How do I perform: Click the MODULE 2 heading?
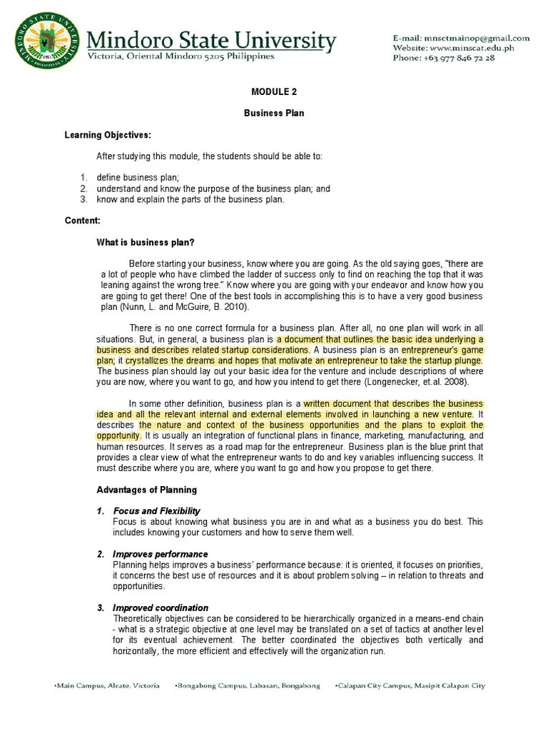tap(275, 91)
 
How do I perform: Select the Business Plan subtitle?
tap(275, 114)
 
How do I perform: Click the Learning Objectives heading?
tap(108, 135)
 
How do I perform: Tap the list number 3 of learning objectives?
tap(83, 199)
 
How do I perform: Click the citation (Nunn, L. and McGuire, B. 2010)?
tap(176, 306)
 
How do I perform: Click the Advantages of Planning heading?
tap(147, 490)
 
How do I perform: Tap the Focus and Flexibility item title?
tap(156, 511)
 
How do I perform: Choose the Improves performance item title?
tap(161, 554)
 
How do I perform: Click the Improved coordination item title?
tap(161, 608)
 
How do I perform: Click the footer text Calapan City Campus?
tap(371, 685)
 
